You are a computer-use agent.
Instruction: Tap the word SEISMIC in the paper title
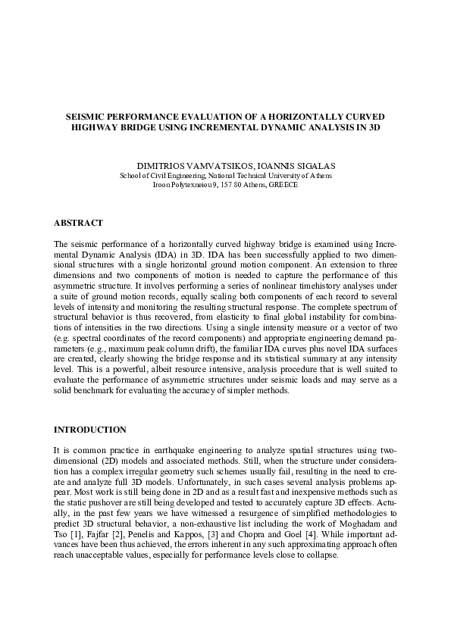(x=91, y=117)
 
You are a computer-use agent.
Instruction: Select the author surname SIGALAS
(x=291, y=164)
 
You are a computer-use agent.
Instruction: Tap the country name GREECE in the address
(x=282, y=184)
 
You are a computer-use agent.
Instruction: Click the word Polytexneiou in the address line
(x=190, y=184)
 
